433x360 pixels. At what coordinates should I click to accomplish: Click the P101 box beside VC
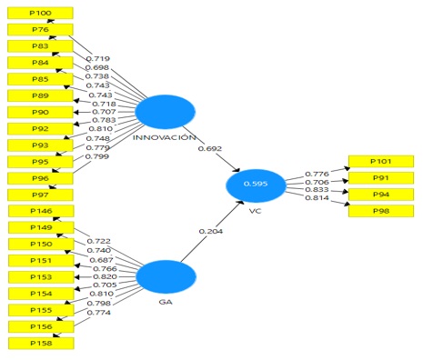(378, 162)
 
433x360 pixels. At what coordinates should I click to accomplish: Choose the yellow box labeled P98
(378, 212)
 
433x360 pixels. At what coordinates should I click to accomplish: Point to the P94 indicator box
(378, 195)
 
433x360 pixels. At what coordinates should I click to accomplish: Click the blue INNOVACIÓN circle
(165, 111)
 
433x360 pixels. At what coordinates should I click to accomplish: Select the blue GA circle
(165, 277)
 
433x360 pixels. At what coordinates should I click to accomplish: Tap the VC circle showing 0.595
(256, 185)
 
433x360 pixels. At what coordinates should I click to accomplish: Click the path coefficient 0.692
(208, 148)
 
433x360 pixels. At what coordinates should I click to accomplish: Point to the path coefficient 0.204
(210, 232)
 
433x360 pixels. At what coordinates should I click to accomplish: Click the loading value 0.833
(317, 190)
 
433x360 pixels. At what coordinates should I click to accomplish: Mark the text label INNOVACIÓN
(165, 137)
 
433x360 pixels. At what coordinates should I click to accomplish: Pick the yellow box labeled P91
(378, 178)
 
